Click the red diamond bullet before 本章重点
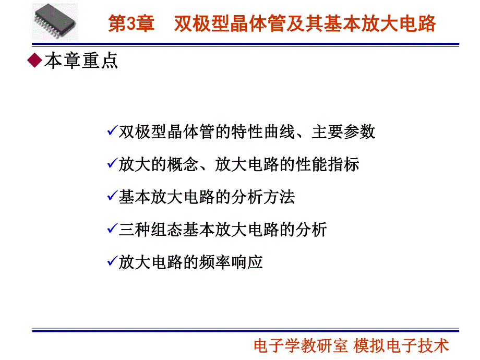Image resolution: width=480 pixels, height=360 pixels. pos(34,61)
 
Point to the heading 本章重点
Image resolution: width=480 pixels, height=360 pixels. pos(81,61)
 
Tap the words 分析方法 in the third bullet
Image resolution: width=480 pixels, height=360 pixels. pos(263,197)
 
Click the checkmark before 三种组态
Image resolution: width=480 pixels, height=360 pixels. pos(112,229)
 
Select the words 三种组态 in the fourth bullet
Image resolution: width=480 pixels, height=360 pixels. pos(151,230)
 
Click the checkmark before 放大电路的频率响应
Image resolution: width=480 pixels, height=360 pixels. pos(112,261)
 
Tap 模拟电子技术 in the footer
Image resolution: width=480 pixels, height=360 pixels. pos(401,345)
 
